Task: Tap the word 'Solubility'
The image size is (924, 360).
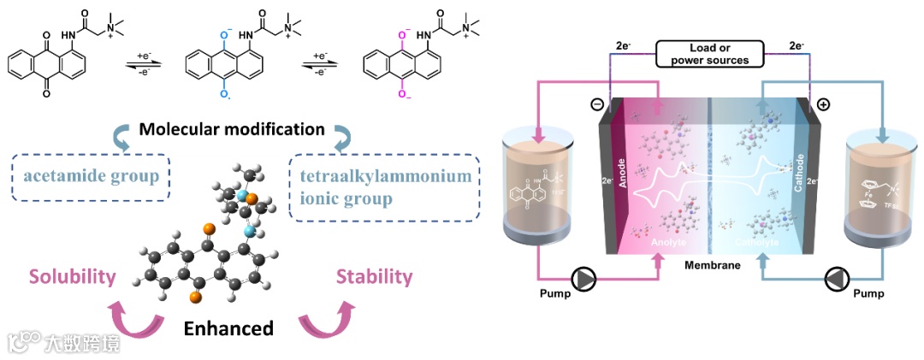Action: point(72,277)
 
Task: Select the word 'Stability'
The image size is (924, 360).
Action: point(374,277)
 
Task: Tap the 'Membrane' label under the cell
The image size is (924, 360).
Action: point(712,265)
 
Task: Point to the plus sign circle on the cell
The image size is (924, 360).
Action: point(824,105)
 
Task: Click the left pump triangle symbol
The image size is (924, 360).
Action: point(584,280)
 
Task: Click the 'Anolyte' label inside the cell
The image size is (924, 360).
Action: point(666,243)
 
